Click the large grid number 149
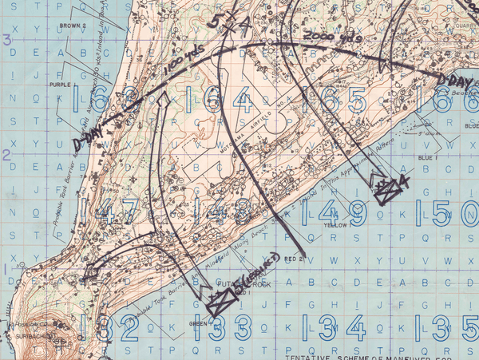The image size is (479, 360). coord(342,213)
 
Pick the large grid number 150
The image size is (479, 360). coord(455,213)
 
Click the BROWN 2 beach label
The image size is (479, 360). coord(72,26)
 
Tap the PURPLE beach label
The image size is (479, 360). coord(59,84)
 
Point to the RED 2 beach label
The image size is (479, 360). coord(295,259)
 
